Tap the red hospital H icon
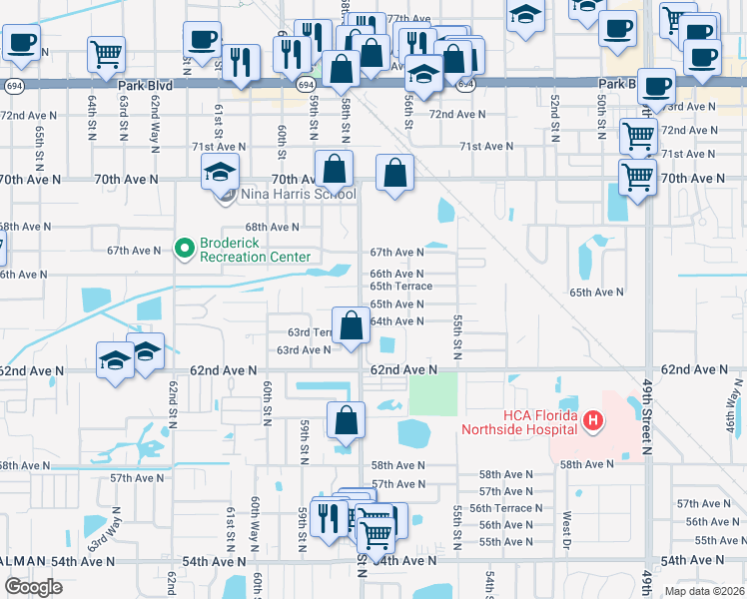[593, 421]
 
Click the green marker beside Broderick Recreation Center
[183, 246]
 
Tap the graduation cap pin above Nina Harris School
[220, 173]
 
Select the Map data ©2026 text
[704, 591]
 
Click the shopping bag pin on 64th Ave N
[352, 325]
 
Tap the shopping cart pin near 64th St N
[106, 56]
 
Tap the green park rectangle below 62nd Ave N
[432, 395]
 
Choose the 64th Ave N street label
[396, 321]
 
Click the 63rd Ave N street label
[304, 350]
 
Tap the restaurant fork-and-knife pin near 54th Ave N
[327, 517]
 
